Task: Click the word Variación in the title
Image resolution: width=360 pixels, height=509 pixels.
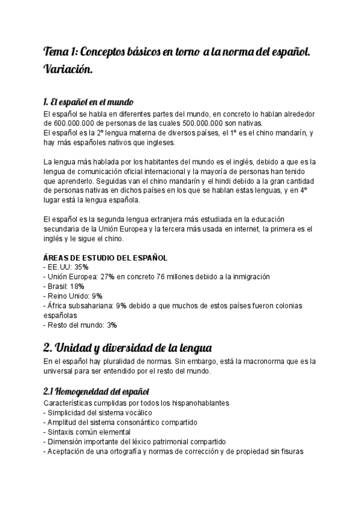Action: (68, 70)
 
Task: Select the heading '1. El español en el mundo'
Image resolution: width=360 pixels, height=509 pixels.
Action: (88, 101)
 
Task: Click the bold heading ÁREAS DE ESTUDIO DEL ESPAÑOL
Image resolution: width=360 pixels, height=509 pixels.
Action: (106, 258)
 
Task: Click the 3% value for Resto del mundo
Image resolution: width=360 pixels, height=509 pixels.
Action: (112, 325)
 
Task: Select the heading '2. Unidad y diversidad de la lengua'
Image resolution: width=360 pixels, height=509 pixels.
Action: (127, 348)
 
